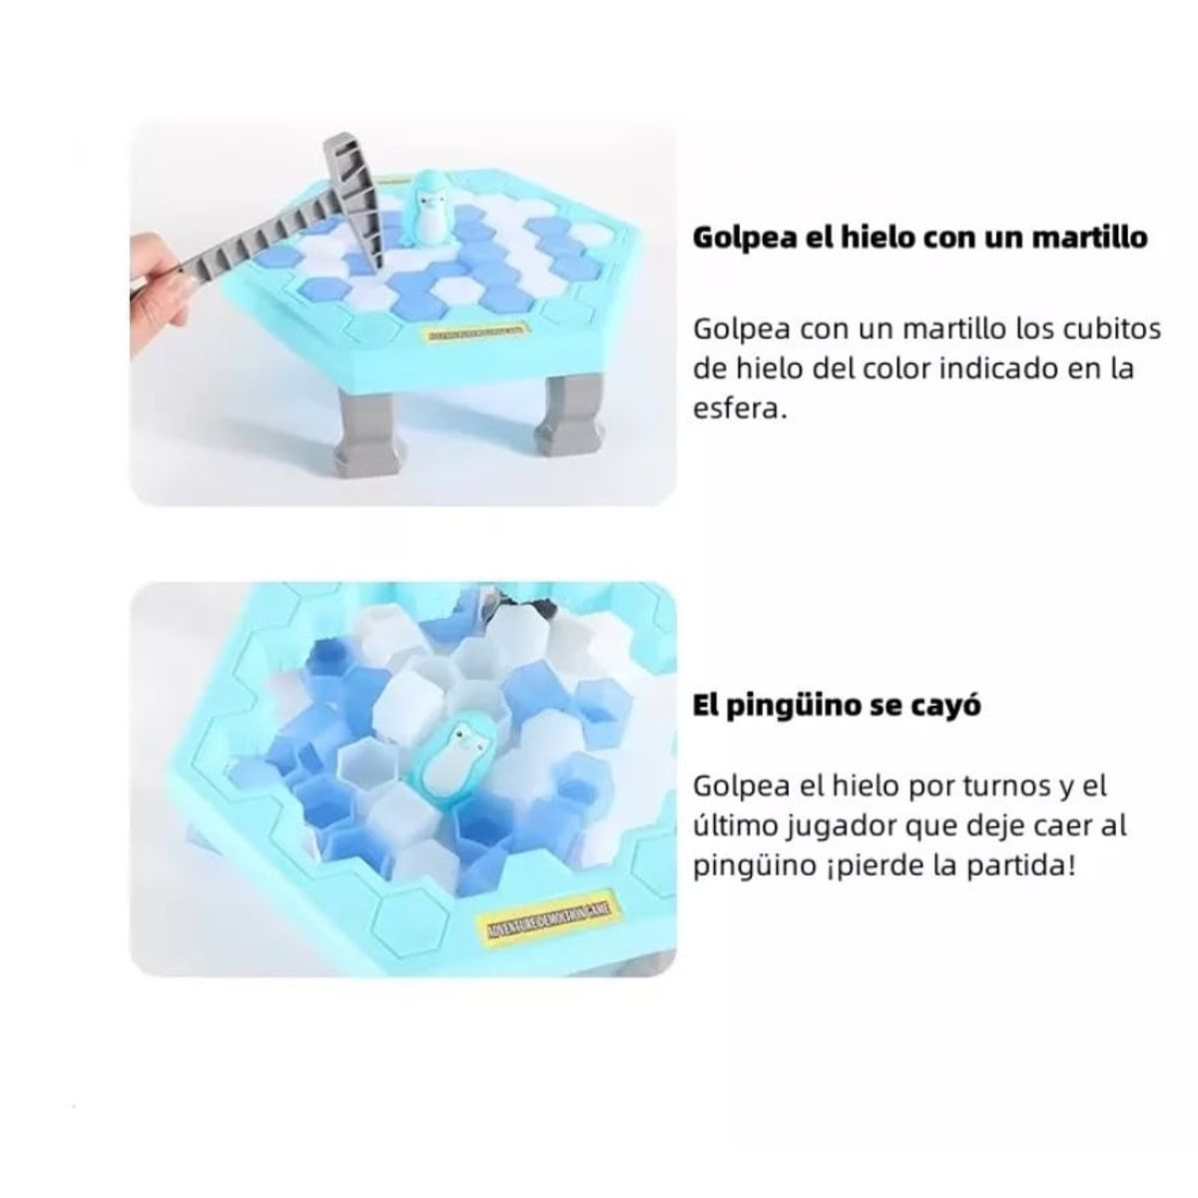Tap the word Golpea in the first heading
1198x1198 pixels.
point(740,239)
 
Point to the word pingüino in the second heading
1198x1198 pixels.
point(801,706)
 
